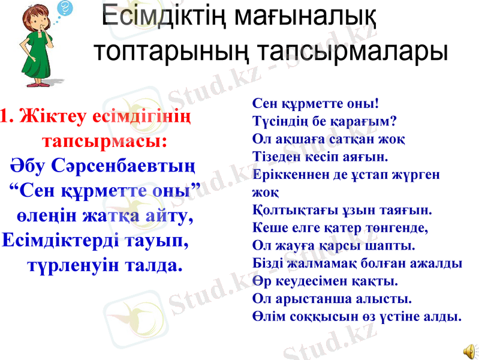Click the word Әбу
click(28, 164)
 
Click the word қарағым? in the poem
click(363, 121)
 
